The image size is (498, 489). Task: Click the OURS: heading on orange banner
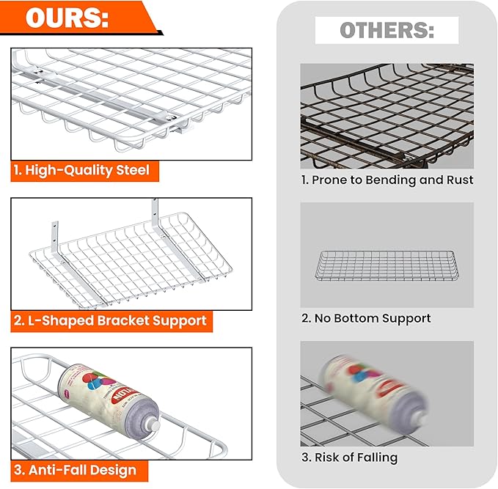pyautogui.click(x=67, y=18)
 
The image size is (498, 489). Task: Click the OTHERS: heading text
pyautogui.click(x=387, y=30)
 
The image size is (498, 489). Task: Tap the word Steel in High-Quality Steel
pyautogui.click(x=133, y=170)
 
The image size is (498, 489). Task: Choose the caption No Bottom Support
pyautogui.click(x=366, y=318)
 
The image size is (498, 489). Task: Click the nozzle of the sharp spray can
pyautogui.click(x=153, y=425)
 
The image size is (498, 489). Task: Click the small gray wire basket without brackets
pyautogui.click(x=387, y=266)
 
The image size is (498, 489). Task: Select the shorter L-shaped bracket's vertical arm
pyautogui.click(x=55, y=236)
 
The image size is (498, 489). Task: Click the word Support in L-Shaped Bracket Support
pyautogui.click(x=180, y=321)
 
